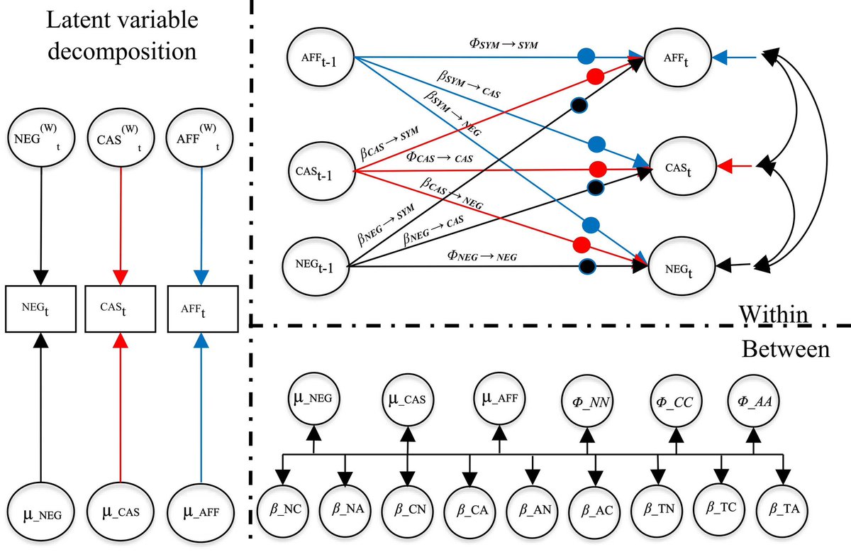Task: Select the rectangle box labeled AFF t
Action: tap(202, 309)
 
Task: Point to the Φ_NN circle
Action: tap(587, 402)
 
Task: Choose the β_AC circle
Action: tap(595, 507)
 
